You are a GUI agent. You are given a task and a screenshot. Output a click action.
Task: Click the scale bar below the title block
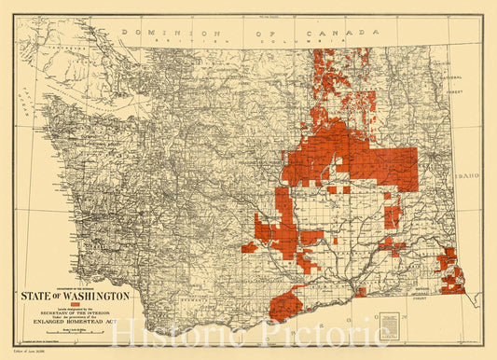pyautogui.click(x=76, y=331)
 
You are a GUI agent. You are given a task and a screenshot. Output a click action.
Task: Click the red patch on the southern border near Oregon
pyautogui.click(x=285, y=306)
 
